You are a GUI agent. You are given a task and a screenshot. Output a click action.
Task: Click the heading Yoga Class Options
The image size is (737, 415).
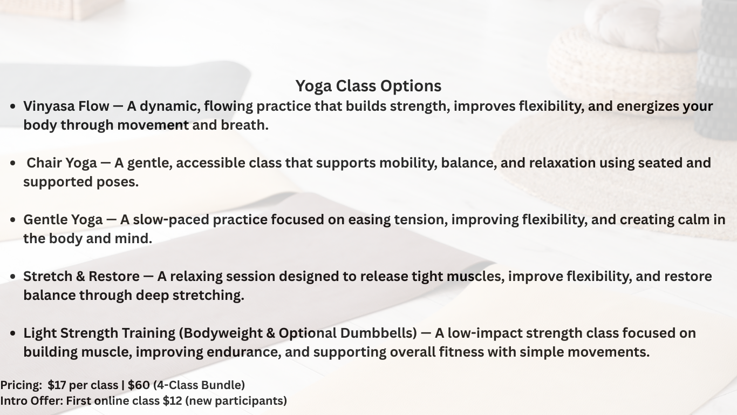[368, 86]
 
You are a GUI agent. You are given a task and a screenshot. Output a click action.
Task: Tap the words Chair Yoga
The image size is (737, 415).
[62, 163]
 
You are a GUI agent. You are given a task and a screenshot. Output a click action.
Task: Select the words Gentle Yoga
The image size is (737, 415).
[63, 220]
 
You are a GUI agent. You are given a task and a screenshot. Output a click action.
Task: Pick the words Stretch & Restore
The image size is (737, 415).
[81, 276]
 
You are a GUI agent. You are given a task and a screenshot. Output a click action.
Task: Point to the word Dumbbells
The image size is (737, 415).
[378, 333]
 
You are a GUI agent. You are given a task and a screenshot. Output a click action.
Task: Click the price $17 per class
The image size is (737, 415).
[83, 385]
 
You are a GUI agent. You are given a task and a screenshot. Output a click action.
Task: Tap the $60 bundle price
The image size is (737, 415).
[139, 385]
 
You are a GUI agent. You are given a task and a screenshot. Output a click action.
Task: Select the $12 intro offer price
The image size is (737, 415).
[173, 401]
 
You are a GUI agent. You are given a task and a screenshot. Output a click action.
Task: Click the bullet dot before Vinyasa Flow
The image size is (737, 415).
[13, 106]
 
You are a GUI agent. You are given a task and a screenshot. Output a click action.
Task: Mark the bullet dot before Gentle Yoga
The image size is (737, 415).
[13, 220]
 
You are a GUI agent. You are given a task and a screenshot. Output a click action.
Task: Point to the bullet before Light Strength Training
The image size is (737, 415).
[13, 333]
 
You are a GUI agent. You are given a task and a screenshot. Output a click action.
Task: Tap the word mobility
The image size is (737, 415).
[408, 163]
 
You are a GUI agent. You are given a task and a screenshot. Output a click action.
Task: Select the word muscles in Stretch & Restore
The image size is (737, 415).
[475, 277]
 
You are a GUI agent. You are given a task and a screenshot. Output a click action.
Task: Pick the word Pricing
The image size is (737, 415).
[21, 385]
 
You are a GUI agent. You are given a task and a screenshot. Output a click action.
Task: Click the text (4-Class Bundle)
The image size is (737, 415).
[199, 385]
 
